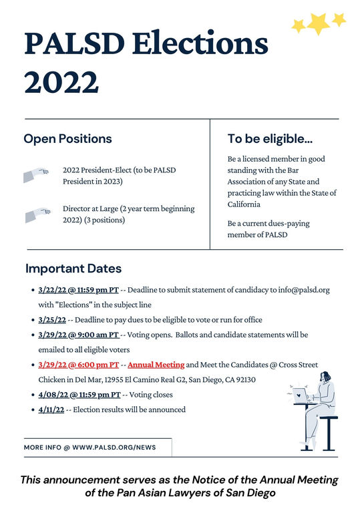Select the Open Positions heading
pyautogui.click(x=67, y=139)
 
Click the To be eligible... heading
pyautogui.click(x=271, y=139)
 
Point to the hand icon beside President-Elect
pyautogui.click(x=36, y=176)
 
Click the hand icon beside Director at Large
pyautogui.click(x=37, y=215)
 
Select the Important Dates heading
pyautogui.click(x=73, y=269)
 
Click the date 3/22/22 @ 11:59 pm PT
pyautogui.click(x=78, y=291)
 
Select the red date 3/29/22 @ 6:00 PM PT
pyautogui.click(x=79, y=365)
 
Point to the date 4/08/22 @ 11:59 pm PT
pyautogui.click(x=79, y=394)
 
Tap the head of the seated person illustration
pyautogui.click(x=325, y=378)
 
